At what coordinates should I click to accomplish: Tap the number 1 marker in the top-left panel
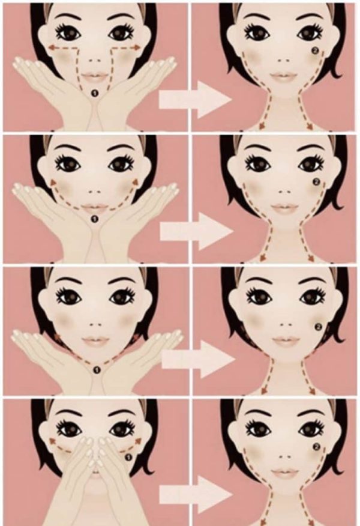94,93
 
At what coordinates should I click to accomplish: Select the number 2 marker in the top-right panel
315,51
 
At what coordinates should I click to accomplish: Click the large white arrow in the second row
197,231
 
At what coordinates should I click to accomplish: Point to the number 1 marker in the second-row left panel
94,219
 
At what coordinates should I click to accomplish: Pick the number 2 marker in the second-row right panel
315,182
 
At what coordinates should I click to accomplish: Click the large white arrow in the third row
199,360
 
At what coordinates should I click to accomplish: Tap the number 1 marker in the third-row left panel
97,369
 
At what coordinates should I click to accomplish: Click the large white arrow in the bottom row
196,495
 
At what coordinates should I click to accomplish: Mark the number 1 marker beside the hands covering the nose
128,457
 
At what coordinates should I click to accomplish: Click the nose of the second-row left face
94,192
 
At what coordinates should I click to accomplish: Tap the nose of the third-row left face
96,324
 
